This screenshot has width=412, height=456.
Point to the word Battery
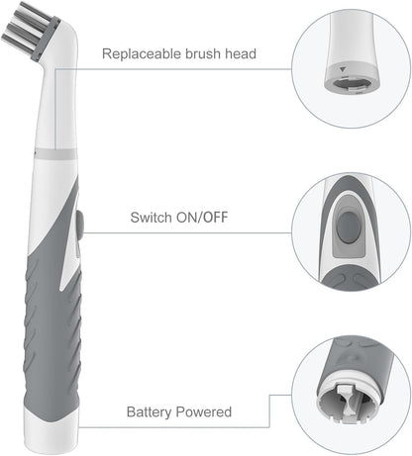(150, 410)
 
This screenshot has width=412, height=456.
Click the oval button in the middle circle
(347, 228)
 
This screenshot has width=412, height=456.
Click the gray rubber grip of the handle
(51, 326)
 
